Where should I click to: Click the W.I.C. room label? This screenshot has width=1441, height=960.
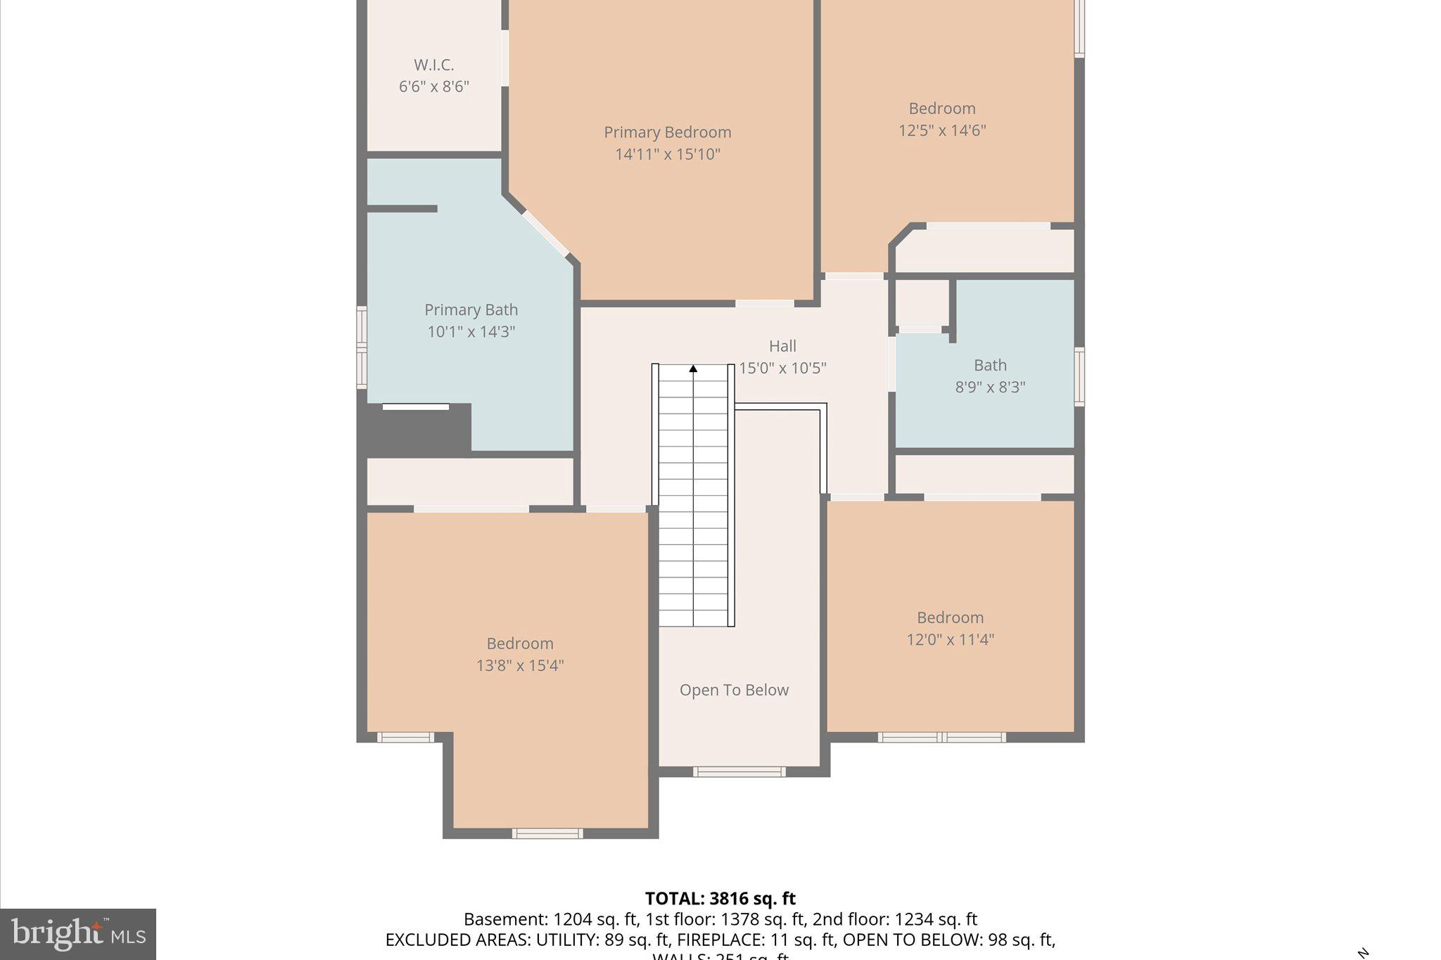click(x=433, y=65)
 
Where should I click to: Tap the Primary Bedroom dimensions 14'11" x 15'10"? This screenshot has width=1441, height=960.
click(x=667, y=154)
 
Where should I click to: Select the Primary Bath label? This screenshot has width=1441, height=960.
click(x=471, y=309)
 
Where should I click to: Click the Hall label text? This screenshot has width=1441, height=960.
click(x=782, y=346)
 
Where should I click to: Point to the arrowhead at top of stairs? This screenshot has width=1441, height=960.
click(x=693, y=369)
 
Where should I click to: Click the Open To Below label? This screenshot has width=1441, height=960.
click(x=734, y=690)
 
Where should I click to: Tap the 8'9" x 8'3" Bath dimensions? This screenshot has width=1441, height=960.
click(x=989, y=387)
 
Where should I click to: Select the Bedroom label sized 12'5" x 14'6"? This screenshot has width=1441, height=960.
click(x=941, y=108)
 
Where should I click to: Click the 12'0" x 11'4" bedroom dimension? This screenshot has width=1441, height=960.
click(x=949, y=639)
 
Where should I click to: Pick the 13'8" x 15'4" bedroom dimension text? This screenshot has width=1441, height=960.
click(x=519, y=665)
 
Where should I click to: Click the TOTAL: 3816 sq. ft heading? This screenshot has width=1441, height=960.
click(x=720, y=898)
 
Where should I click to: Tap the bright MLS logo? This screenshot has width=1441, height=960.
click(x=78, y=934)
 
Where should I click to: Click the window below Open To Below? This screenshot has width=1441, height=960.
click(x=739, y=772)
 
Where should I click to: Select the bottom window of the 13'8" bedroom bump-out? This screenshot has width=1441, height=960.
click(x=547, y=833)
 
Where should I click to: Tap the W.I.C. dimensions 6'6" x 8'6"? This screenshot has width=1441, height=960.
click(x=433, y=87)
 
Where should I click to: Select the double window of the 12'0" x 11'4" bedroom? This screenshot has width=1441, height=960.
click(x=941, y=737)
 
